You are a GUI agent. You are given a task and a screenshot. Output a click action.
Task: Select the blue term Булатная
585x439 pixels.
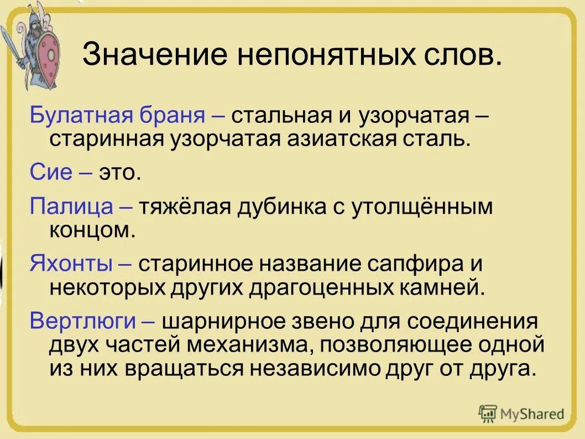[x=80, y=117]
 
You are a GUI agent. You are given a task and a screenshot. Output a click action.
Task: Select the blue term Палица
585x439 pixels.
[x=72, y=207]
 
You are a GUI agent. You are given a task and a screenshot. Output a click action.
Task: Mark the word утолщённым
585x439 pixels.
[x=420, y=207]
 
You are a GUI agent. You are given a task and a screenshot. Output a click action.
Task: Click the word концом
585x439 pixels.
[x=92, y=229]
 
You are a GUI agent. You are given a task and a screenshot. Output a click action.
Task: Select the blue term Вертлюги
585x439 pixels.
[x=81, y=321]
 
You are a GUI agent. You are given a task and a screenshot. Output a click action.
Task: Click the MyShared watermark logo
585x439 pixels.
[x=523, y=412]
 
